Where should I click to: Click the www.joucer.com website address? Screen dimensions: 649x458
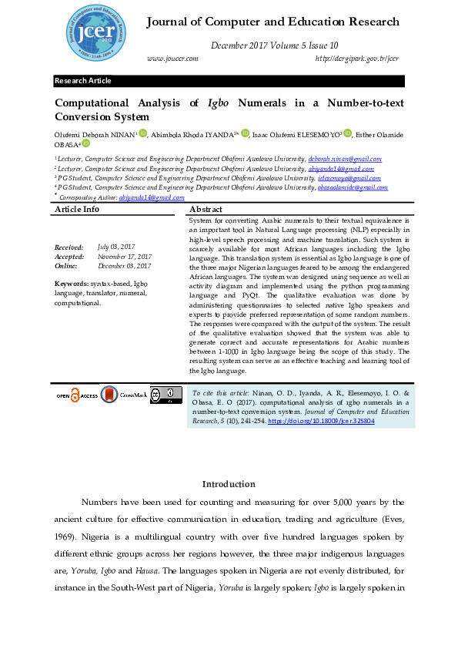(172, 59)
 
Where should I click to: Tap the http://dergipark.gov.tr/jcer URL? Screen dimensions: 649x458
(356, 59)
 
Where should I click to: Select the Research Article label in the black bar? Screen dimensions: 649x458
(82, 81)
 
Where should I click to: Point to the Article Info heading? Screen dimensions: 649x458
(77, 210)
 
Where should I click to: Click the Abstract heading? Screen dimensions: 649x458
(206, 210)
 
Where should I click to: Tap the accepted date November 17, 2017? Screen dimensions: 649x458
(125, 256)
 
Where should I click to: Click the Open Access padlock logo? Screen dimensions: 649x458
(77, 395)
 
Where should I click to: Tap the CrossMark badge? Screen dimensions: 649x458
(124, 395)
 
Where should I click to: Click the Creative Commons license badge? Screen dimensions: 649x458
(166, 395)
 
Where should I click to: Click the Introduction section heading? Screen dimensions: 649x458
(228, 484)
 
